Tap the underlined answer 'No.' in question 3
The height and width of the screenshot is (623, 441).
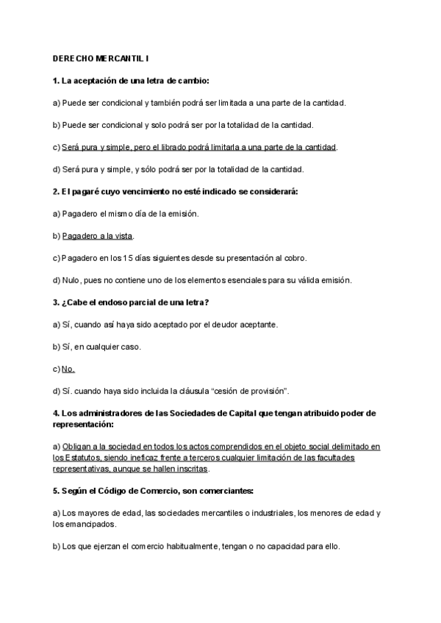pyautogui.click(x=68, y=368)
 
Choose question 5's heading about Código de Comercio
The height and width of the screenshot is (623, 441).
pyautogui.click(x=143, y=490)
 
